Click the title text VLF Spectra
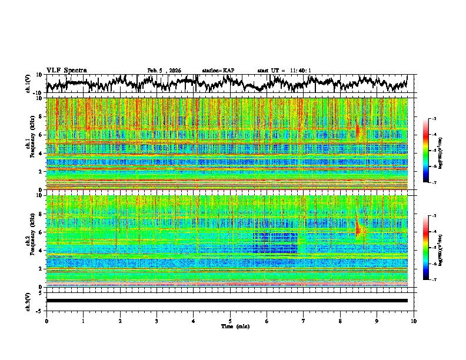coord(66,70)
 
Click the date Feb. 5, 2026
coord(164,71)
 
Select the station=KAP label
coord(218,71)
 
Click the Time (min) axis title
coord(234,326)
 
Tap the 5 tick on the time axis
coord(230,321)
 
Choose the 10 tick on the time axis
coord(414,321)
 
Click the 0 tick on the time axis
coord(46,321)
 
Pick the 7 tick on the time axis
coord(304,321)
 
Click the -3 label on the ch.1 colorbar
coord(434,119)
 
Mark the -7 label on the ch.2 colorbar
coord(434,280)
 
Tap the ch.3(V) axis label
coord(27,301)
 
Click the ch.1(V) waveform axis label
coord(27,83)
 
